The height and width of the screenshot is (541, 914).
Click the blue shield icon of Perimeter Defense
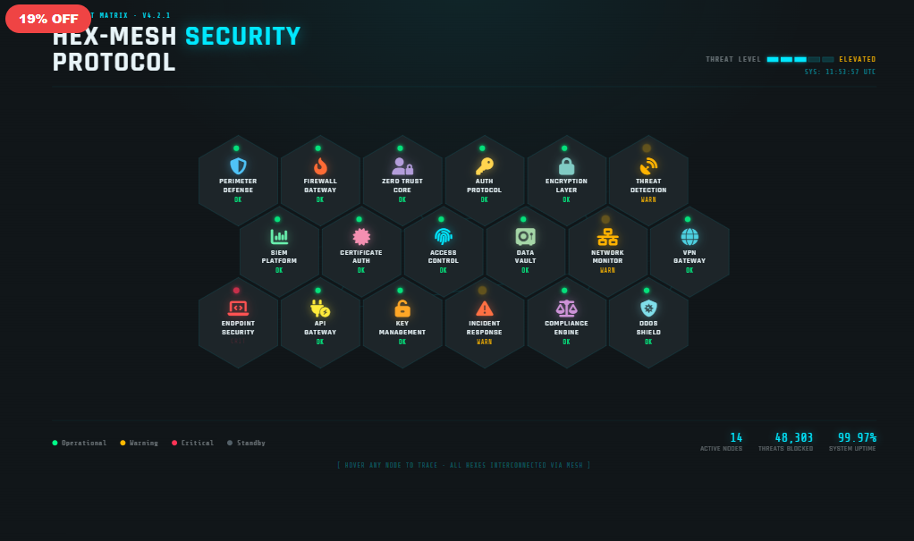[238, 166]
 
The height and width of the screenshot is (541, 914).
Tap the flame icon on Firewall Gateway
[320, 166]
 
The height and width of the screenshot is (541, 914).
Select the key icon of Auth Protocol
[484, 166]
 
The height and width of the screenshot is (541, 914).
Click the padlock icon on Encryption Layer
[566, 166]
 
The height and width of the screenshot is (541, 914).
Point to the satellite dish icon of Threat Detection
[648, 166]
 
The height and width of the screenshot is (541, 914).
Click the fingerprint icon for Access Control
[444, 237]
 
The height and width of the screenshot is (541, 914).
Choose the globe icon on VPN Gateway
[690, 237]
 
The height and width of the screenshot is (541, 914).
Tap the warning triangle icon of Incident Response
[485, 309]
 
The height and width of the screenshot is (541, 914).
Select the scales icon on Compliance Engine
[566, 309]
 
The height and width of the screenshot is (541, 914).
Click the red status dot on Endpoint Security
[236, 291]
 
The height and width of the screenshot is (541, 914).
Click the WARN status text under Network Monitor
[607, 270]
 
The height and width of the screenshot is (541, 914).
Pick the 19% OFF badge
[48, 19]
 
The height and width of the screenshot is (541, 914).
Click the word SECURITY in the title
[242, 37]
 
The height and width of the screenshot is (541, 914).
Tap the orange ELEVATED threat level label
[857, 60]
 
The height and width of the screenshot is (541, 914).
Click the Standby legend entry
[246, 443]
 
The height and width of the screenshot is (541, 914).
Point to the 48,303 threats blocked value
[793, 437]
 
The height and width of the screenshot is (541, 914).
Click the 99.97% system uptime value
[856, 437]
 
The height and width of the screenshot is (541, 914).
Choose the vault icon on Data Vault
[525, 237]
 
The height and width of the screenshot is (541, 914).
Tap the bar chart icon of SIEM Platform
[279, 237]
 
